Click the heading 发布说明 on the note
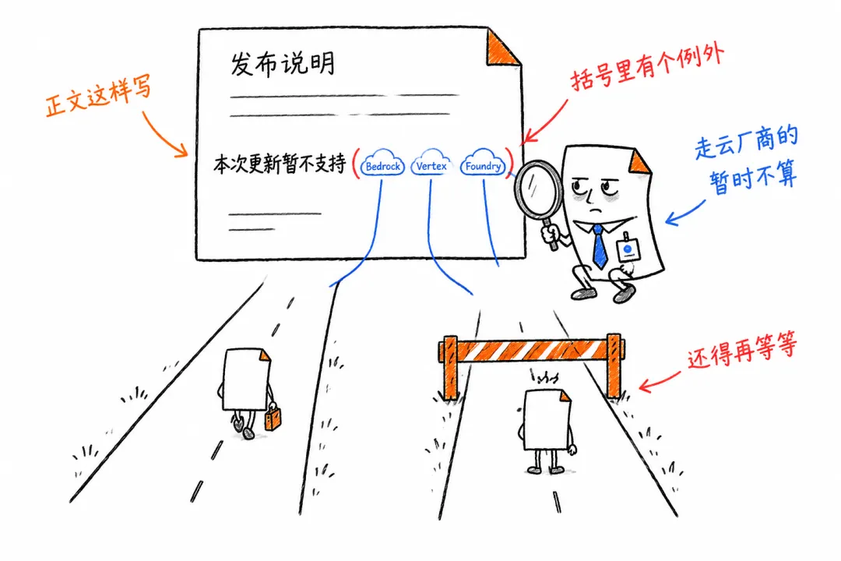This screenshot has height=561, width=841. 283,64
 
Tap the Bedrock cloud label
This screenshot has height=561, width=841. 382,165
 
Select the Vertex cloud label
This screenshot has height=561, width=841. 431,164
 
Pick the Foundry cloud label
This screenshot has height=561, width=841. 483,164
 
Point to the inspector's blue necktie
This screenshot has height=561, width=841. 600,246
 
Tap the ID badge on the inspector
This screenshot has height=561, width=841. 628,249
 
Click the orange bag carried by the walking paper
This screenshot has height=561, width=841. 273,418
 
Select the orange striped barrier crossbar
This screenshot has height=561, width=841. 532,350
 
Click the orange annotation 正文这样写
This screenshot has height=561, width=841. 98,96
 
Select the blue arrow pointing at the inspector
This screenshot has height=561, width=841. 684,213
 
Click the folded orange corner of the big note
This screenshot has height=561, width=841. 502,48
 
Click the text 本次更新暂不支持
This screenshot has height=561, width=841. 280,163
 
